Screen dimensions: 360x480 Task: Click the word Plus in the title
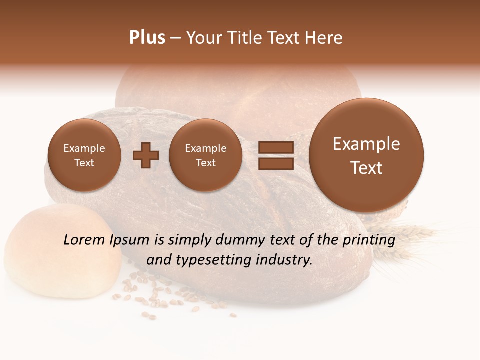pyautogui.click(x=147, y=38)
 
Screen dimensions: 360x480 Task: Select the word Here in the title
pyautogui.click(x=324, y=38)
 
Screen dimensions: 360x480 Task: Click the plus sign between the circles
pyautogui.click(x=146, y=155)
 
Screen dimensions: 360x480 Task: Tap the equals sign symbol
pyautogui.click(x=275, y=155)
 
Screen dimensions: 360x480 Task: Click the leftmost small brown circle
pyautogui.click(x=84, y=155)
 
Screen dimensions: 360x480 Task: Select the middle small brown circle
pyautogui.click(x=205, y=155)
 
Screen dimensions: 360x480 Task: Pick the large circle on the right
pyautogui.click(x=366, y=155)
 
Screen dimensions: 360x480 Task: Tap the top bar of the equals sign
pyautogui.click(x=275, y=147)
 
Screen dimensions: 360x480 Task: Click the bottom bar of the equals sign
pyautogui.click(x=275, y=163)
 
